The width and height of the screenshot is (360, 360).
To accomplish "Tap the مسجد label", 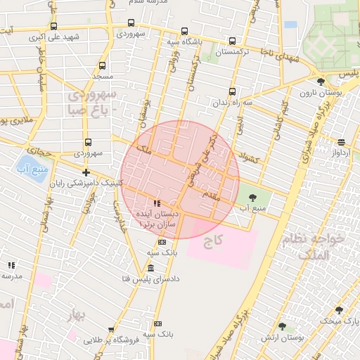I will (102, 75).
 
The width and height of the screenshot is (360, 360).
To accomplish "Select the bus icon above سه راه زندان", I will (232, 91).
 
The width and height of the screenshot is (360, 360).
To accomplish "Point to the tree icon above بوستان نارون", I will (321, 82).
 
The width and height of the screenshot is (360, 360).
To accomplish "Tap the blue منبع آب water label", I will (31, 169).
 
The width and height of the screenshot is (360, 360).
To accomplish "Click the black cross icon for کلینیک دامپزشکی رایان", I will (86, 172).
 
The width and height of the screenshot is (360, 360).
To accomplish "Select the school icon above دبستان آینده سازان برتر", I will (156, 203).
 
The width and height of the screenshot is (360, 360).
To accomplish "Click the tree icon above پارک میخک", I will (339, 310).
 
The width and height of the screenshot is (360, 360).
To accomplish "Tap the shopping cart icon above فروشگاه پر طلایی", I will (111, 330).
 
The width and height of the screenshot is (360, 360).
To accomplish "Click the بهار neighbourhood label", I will (73, 316).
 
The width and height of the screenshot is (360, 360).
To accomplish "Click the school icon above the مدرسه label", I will (11, 265).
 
